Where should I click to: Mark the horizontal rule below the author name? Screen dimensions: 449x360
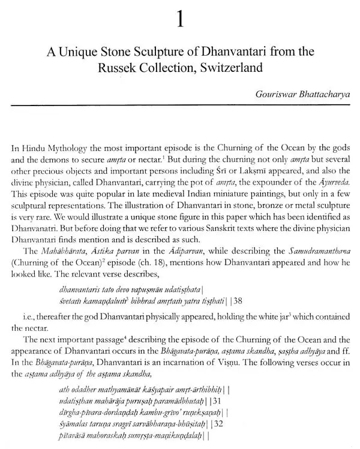pyautogui.click(x=180, y=105)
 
